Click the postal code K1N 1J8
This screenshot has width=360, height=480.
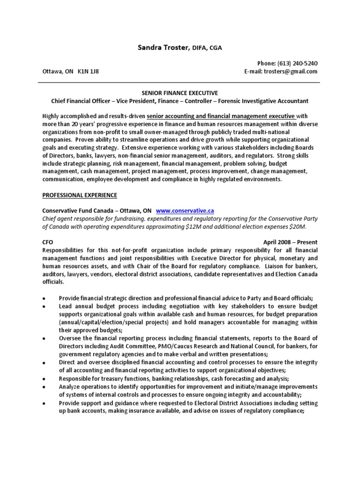pos(88,71)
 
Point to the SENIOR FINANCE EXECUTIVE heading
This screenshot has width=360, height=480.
pos(180,93)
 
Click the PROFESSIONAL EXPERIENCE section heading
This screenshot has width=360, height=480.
pos(79,195)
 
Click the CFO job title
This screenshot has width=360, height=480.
pos(47,241)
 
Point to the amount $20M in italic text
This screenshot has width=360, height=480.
pos(296,226)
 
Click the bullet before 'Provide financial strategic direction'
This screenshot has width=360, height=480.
pos(44,298)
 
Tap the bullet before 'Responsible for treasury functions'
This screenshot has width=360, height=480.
pos(44,379)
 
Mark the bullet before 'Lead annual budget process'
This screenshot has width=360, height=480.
pos(44,307)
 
